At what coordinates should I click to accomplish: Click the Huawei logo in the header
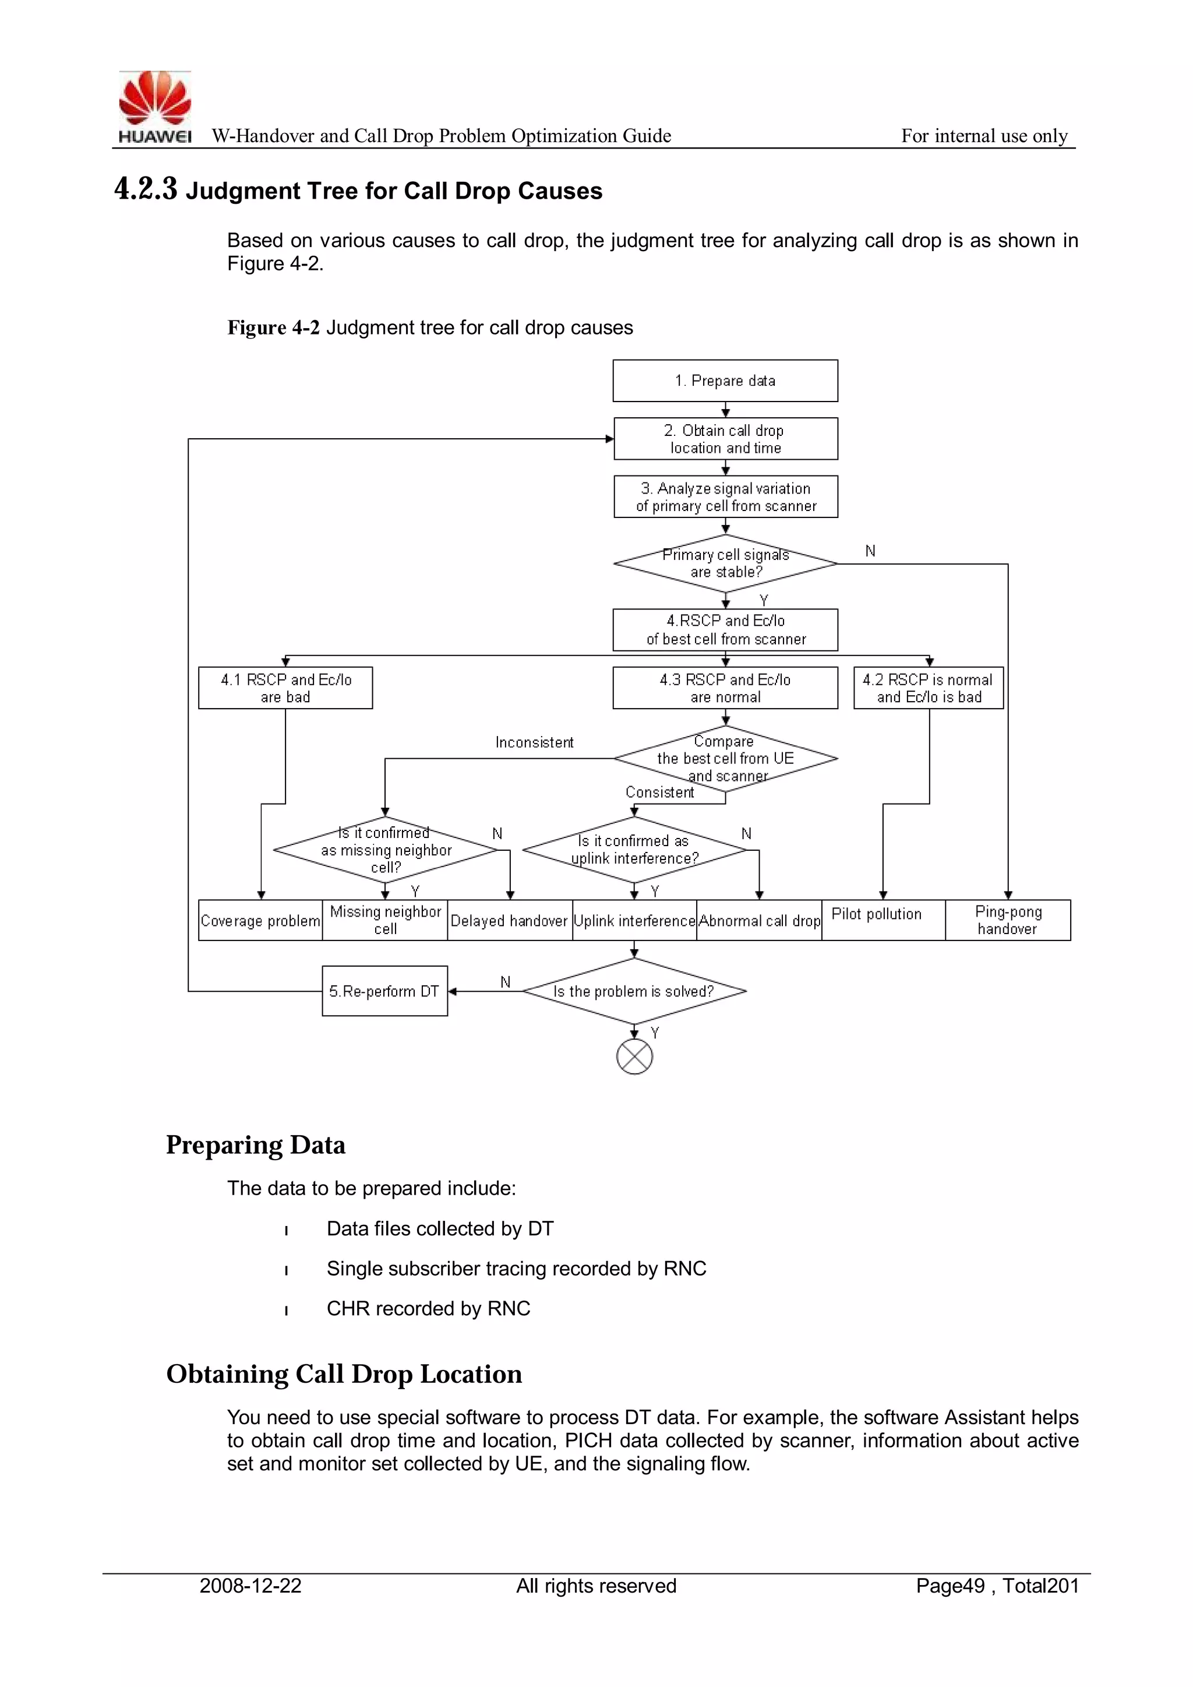(x=154, y=107)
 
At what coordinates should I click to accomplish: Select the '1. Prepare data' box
(x=725, y=381)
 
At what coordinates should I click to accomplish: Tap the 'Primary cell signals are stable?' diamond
(x=725, y=563)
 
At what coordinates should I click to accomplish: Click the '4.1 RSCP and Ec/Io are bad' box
(x=285, y=688)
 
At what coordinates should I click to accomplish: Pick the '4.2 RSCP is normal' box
(x=928, y=688)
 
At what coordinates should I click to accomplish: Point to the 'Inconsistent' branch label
(x=534, y=742)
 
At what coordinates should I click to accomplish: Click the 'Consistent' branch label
(x=659, y=792)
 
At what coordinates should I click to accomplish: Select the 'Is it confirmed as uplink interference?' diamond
(x=634, y=850)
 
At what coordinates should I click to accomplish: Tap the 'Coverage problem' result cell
(x=260, y=921)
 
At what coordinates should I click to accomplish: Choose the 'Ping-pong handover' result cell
(x=1007, y=920)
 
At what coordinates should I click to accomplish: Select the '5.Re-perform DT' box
(x=384, y=991)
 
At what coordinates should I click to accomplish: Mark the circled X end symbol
(x=634, y=1057)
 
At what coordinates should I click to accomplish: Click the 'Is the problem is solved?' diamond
(x=634, y=991)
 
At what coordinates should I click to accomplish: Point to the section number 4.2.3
(x=146, y=189)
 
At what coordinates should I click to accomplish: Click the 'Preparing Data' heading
(x=255, y=1144)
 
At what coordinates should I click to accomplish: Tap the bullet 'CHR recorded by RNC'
(x=428, y=1309)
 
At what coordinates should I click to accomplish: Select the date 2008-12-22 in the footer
(x=250, y=1586)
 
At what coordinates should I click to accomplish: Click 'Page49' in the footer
(x=950, y=1586)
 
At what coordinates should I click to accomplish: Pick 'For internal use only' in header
(x=984, y=136)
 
